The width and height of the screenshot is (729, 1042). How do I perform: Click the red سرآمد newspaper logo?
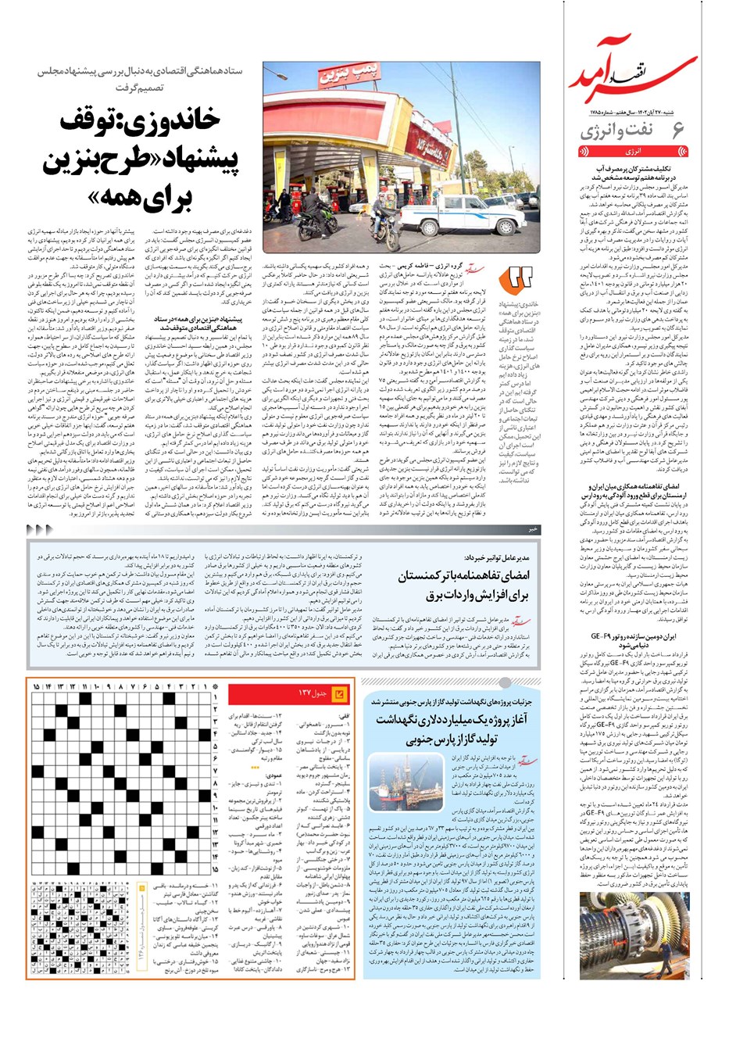[641, 74]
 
